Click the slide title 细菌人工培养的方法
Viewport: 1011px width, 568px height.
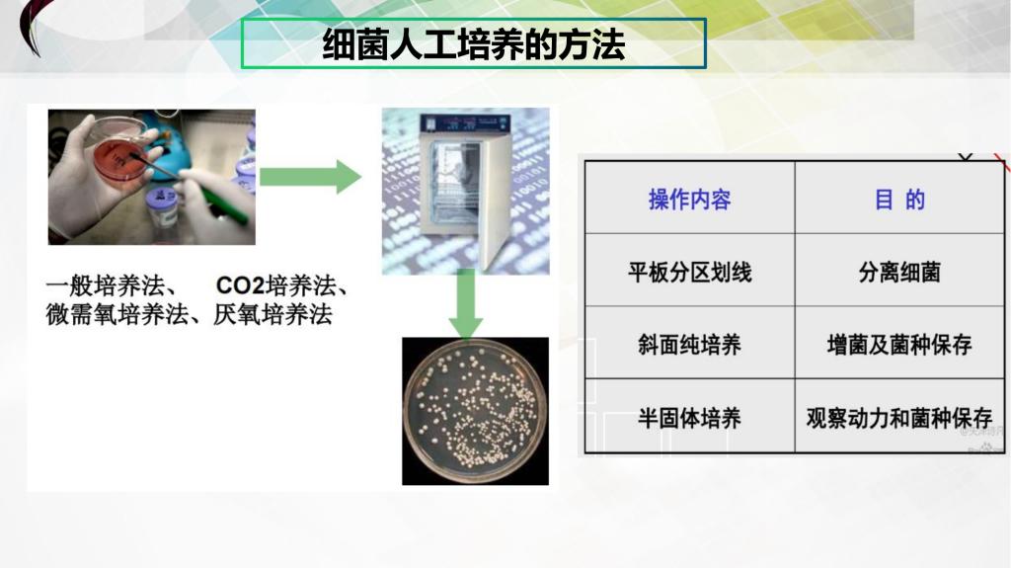pos(473,43)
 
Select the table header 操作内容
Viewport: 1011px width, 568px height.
pos(689,200)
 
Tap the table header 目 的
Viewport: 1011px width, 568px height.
pos(899,200)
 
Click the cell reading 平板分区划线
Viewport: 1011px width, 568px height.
pos(689,272)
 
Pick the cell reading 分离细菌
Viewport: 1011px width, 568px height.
pos(899,272)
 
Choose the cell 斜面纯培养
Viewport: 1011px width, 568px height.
pos(689,345)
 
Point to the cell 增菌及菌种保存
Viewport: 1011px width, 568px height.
pos(899,345)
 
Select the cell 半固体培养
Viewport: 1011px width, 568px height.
pos(689,418)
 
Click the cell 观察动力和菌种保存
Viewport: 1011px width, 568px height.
pos(899,418)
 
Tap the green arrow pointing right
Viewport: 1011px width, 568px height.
pos(310,176)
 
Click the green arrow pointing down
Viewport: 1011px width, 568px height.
pos(466,303)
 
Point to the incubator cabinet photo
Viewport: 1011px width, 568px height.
pos(466,191)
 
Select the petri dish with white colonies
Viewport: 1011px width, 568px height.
pos(475,411)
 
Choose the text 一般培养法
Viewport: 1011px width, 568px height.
pos(105,284)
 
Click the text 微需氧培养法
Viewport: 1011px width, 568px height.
pos(117,314)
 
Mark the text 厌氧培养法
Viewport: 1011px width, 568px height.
pos(272,314)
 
